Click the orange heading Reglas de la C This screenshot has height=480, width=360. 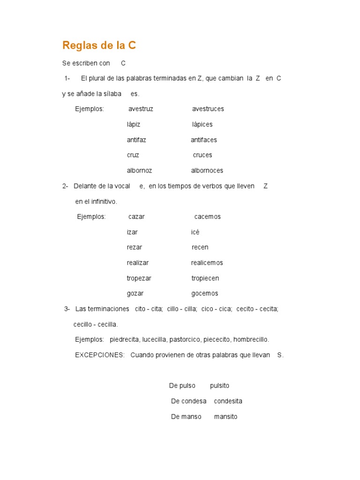[99, 45]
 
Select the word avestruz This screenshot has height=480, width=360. [141, 109]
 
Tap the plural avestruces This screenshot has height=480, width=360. [208, 109]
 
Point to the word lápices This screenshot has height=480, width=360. [202, 124]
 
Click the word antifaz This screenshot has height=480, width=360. [136, 140]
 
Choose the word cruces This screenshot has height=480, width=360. [202, 155]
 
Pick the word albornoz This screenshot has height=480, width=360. [139, 171]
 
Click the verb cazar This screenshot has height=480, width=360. [136, 217]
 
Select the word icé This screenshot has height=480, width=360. [195, 232]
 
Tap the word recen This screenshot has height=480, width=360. [200, 247]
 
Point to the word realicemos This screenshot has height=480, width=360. [207, 262]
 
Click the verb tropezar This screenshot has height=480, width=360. [139, 278]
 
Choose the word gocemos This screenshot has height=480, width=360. [204, 293]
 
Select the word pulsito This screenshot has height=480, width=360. [219, 386]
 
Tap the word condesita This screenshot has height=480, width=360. [228, 401]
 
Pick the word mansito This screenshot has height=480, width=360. [225, 417]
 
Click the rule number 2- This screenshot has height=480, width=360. [65, 186]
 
